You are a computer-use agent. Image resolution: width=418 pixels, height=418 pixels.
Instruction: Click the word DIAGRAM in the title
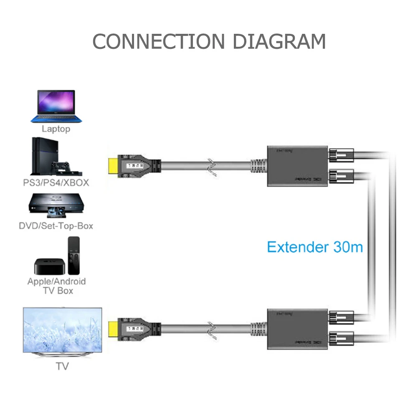point(279,41)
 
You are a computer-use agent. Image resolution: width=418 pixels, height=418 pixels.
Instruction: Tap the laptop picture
point(56,106)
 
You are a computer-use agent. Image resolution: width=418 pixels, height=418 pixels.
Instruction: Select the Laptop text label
point(56,129)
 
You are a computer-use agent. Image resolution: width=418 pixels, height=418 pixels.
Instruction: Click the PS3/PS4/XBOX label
point(56,183)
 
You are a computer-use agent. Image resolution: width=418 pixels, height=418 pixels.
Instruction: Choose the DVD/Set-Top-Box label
point(56,226)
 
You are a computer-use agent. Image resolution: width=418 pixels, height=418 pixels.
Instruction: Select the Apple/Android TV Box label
point(56,286)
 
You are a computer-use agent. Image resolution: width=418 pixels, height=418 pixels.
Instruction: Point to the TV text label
point(62,367)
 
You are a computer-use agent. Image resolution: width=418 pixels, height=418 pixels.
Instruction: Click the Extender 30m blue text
point(314,247)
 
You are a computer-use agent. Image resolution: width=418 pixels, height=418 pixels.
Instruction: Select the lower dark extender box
point(297,328)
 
